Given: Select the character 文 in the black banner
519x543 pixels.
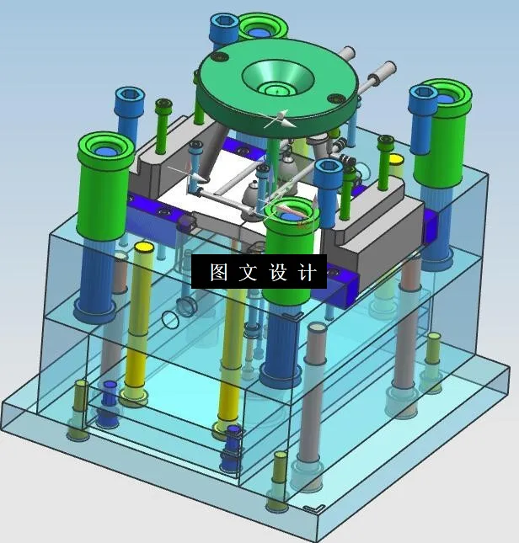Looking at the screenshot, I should [x=248, y=272].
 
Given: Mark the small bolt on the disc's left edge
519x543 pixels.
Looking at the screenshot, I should [x=221, y=57].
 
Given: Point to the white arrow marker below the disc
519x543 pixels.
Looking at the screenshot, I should [x=278, y=120].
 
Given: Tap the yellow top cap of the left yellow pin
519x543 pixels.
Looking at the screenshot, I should [x=143, y=248].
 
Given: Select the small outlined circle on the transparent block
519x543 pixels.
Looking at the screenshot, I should [x=171, y=319].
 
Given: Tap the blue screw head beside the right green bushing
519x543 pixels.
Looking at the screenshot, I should [x=422, y=95].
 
